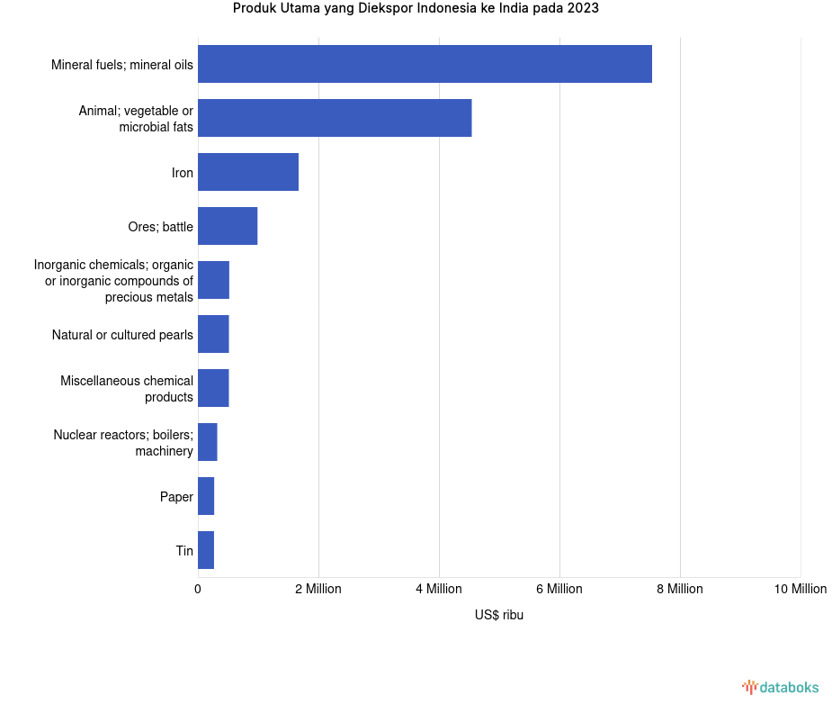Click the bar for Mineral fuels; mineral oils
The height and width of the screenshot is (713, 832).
pyautogui.click(x=425, y=64)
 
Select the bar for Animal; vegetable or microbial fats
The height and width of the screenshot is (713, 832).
pyautogui.click(x=335, y=118)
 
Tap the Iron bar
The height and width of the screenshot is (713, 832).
pyautogui.click(x=248, y=172)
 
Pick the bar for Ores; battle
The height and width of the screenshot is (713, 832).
pyautogui.click(x=228, y=226)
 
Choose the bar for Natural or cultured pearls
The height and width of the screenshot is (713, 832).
pyautogui.click(x=213, y=334)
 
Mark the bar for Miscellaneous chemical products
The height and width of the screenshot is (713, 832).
pyautogui.click(x=213, y=388)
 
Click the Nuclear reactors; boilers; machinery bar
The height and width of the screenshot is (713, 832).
pyautogui.click(x=208, y=442)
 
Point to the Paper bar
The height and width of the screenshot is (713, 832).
pyautogui.click(x=206, y=496)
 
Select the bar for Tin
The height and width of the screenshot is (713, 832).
pyautogui.click(x=206, y=550)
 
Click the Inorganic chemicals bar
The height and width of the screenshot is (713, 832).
pyautogui.click(x=213, y=280)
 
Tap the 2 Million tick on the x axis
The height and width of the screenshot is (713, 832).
pyautogui.click(x=318, y=589)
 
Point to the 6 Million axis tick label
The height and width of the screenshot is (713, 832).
pyautogui.click(x=559, y=589)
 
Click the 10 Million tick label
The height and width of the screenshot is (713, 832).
pyautogui.click(x=800, y=589)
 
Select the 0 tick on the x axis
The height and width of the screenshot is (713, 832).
pyautogui.click(x=198, y=589)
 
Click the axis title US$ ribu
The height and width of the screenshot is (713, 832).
pyautogui.click(x=499, y=615)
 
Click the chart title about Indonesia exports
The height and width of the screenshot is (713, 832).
pyautogui.click(x=416, y=9)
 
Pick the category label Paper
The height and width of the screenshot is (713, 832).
pyautogui.click(x=176, y=497)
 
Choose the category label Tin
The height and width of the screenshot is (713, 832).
pyautogui.click(x=184, y=551)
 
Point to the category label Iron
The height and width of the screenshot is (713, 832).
pyautogui.click(x=183, y=173)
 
